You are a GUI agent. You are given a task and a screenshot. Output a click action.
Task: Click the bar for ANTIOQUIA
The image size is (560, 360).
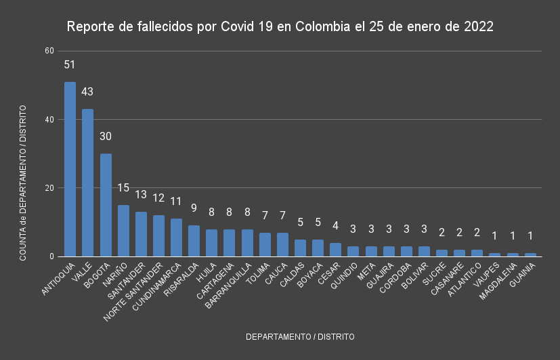coord(70,169)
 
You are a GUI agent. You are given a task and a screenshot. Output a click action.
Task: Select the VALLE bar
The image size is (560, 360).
coord(87,183)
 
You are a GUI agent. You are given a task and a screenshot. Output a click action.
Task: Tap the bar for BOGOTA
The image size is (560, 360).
coord(106,205)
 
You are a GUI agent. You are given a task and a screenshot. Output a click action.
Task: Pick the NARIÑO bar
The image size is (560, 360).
coord(123,231)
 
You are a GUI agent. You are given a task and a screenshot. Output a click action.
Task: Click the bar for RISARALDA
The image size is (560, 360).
coord(194,241)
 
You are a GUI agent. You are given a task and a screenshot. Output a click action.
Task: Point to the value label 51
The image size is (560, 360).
coord(70,65)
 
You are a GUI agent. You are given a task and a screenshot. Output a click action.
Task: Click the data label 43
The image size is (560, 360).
coord(87,92)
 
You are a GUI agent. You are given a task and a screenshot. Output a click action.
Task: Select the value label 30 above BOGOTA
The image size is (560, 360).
coord(106,137)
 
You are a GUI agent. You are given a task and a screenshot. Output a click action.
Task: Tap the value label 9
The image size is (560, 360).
coord(194,208)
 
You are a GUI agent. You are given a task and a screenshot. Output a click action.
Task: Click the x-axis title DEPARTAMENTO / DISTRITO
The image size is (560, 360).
coord(300,336)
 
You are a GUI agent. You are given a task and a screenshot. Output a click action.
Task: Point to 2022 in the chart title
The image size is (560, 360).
coord(478,27)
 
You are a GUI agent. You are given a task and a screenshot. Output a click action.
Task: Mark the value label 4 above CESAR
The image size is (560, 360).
coord(335,225)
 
